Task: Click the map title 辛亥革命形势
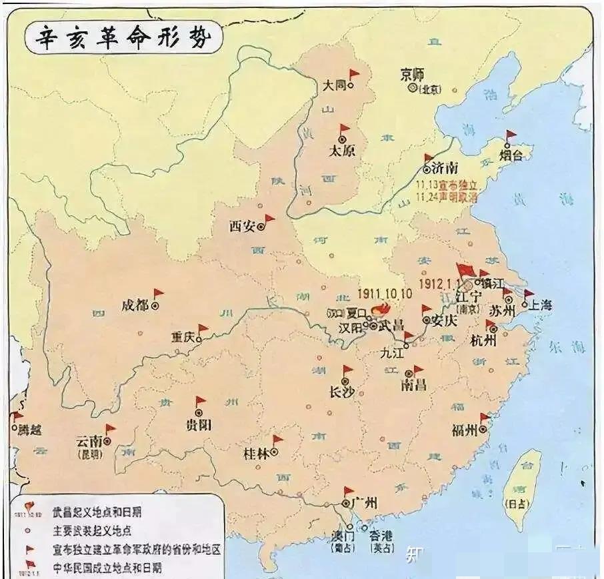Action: click(x=119, y=38)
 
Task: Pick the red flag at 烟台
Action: click(x=511, y=135)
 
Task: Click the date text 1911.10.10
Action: click(x=385, y=294)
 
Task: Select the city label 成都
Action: click(x=135, y=305)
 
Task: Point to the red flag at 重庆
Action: click(x=203, y=329)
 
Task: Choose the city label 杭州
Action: click(x=483, y=341)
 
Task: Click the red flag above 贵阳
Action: click(x=201, y=402)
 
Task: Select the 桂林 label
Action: click(x=256, y=453)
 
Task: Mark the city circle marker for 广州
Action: click(x=347, y=501)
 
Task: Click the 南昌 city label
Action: click(x=414, y=385)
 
